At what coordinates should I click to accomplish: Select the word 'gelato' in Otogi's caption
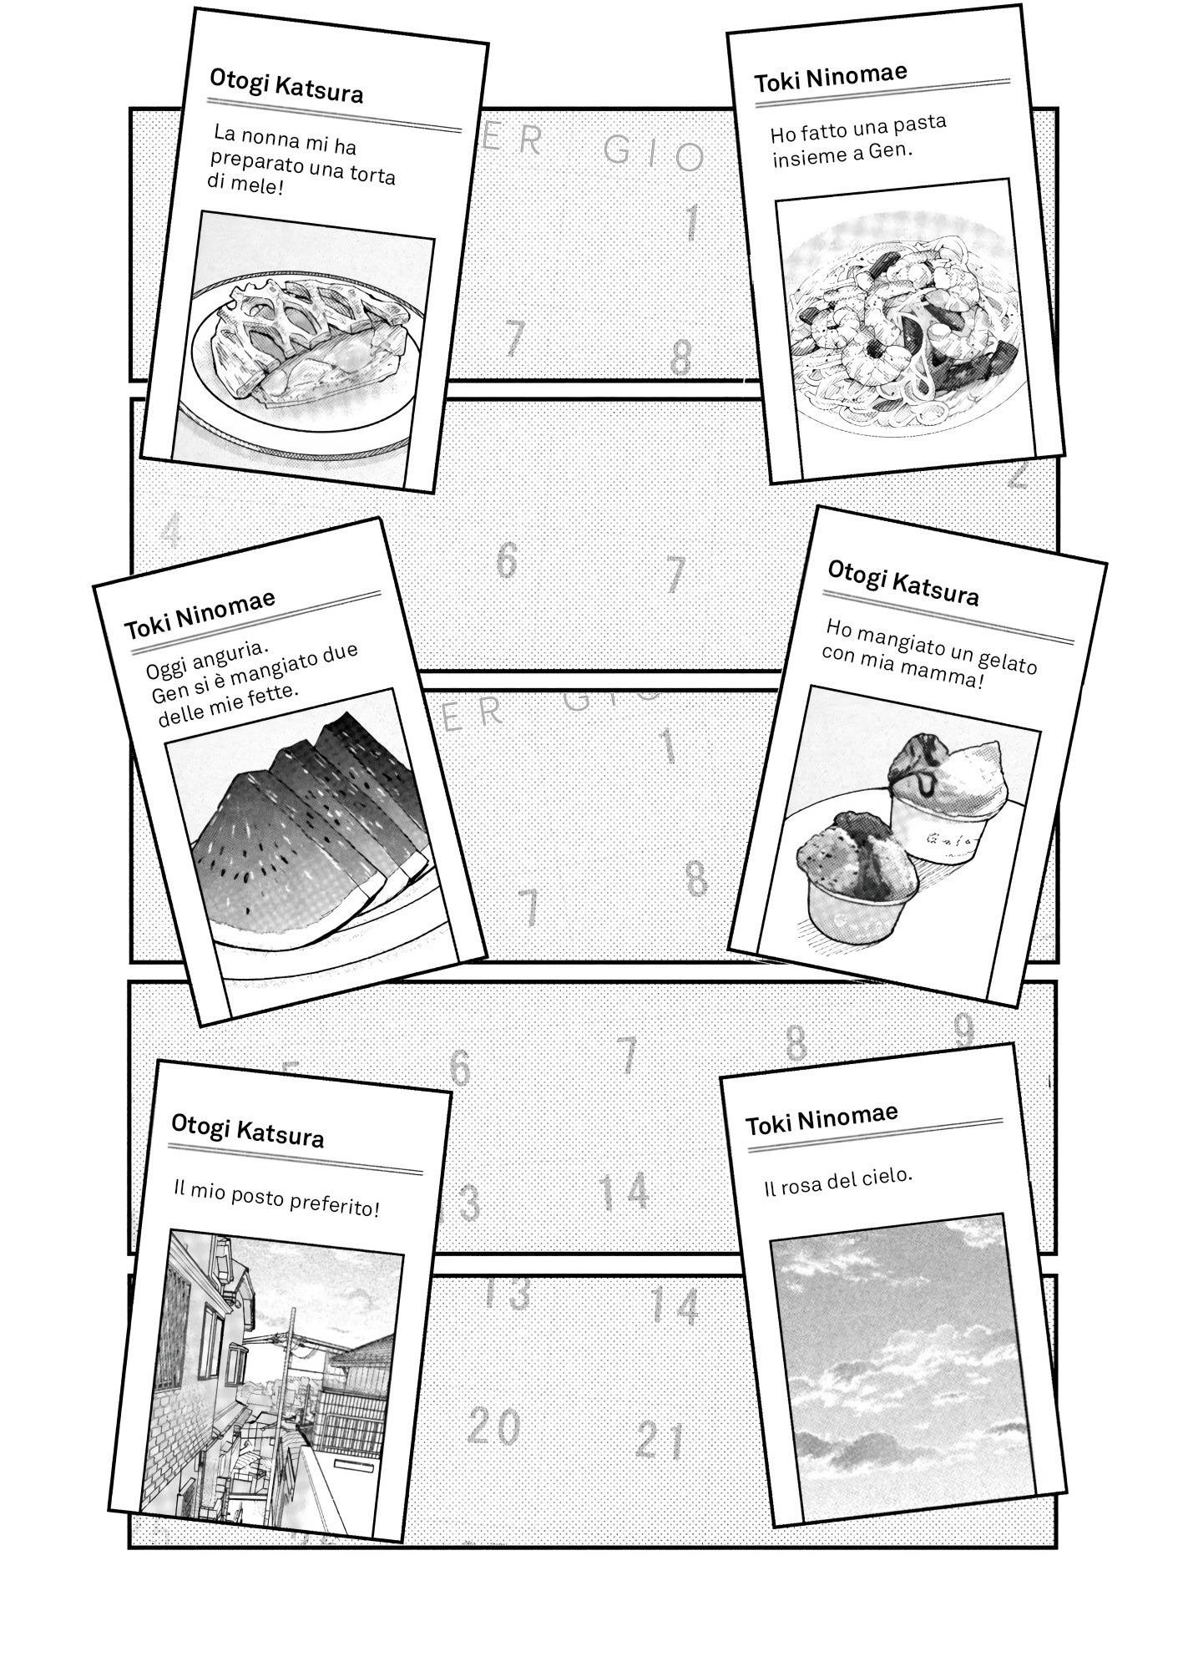click(1006, 660)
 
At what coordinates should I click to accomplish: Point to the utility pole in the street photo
click(288, 1386)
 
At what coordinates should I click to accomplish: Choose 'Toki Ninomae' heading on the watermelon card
click(200, 612)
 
